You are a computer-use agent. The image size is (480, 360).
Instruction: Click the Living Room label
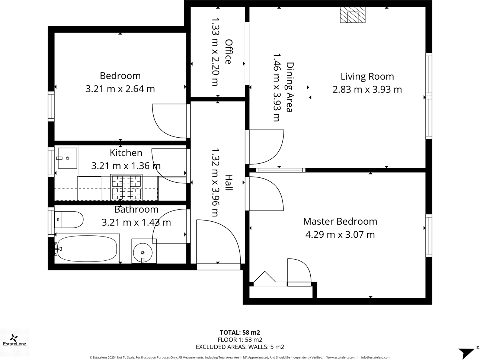click(x=367, y=77)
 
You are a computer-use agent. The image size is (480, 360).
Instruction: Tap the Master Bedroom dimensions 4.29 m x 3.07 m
click(x=340, y=235)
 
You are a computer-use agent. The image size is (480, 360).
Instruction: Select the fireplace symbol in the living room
click(x=352, y=15)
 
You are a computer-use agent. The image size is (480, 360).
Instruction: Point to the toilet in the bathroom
click(x=69, y=220)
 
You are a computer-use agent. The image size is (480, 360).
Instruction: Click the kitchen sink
click(x=67, y=158)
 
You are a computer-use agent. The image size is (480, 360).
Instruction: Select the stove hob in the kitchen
click(x=127, y=187)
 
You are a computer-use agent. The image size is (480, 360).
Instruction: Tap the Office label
click(x=228, y=52)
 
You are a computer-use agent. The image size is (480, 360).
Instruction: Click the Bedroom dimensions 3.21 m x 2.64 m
click(x=120, y=89)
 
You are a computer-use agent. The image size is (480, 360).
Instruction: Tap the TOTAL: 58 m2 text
click(x=240, y=332)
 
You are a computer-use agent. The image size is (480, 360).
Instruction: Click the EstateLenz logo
click(x=14, y=340)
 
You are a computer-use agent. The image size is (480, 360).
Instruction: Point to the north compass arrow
click(x=467, y=352)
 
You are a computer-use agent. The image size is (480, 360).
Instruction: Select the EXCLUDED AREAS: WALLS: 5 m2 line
click(x=240, y=347)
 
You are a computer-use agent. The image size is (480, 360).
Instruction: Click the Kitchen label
click(x=126, y=153)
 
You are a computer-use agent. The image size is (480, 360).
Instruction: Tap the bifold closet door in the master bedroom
click(x=264, y=279)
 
